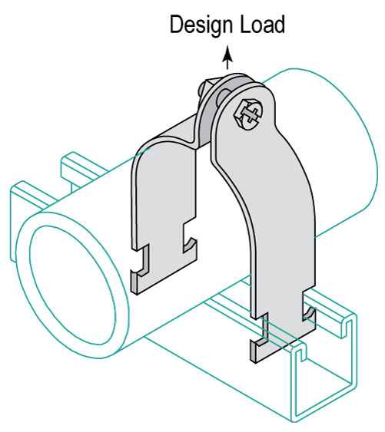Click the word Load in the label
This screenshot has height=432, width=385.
point(263,25)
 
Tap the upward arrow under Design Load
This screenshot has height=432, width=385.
point(227,58)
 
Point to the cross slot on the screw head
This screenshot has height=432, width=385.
point(250,114)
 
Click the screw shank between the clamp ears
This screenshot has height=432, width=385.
point(221,96)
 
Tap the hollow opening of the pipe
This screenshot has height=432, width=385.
point(72,285)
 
